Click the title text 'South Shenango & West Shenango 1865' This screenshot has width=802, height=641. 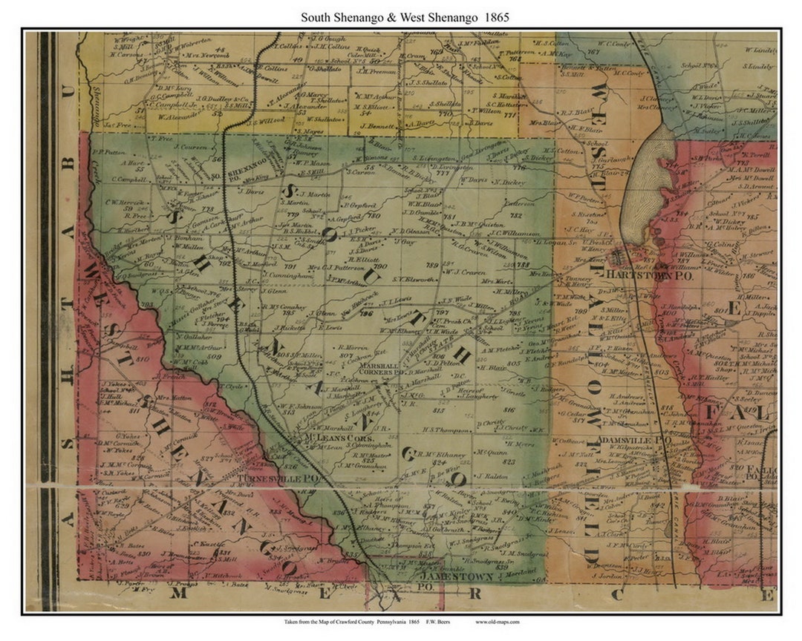point(405,17)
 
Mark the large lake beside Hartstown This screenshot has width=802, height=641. point(647,185)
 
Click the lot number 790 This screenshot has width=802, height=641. point(380,266)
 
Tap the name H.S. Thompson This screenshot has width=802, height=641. point(446,430)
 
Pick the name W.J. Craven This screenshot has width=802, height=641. point(465,272)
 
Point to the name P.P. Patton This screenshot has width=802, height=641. point(109,152)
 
